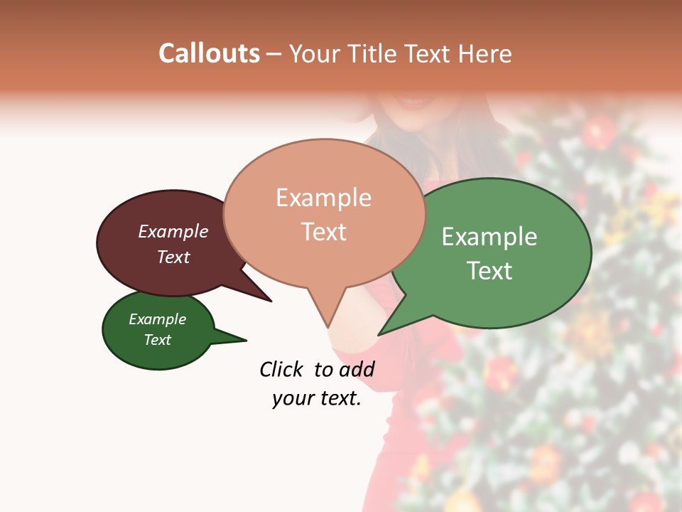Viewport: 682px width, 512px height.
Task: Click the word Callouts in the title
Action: pyautogui.click(x=209, y=53)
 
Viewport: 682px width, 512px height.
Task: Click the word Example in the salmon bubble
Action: pyautogui.click(x=323, y=198)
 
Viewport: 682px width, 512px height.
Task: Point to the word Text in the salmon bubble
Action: pyautogui.click(x=323, y=232)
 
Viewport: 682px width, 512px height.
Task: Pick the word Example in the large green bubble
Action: pyautogui.click(x=489, y=237)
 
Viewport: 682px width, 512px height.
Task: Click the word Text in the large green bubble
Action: pyautogui.click(x=489, y=270)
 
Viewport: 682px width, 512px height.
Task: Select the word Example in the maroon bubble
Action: pyautogui.click(x=173, y=231)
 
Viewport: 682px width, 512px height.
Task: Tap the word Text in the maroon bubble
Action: pyautogui.click(x=173, y=257)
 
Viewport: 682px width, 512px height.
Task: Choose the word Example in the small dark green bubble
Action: pyautogui.click(x=158, y=319)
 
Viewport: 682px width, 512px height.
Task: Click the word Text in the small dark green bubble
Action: pyautogui.click(x=158, y=340)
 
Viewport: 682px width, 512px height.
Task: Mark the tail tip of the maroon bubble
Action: pyautogui.click(x=271, y=301)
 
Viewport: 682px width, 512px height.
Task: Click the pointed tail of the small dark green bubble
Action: pyautogui.click(x=245, y=341)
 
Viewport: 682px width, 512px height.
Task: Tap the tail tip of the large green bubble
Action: pyautogui.click(x=379, y=334)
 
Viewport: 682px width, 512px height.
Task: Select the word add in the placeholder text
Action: pyautogui.click(x=357, y=369)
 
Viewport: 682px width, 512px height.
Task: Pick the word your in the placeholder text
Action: pyautogui.click(x=292, y=398)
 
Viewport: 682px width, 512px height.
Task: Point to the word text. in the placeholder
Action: pyautogui.click(x=337, y=398)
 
